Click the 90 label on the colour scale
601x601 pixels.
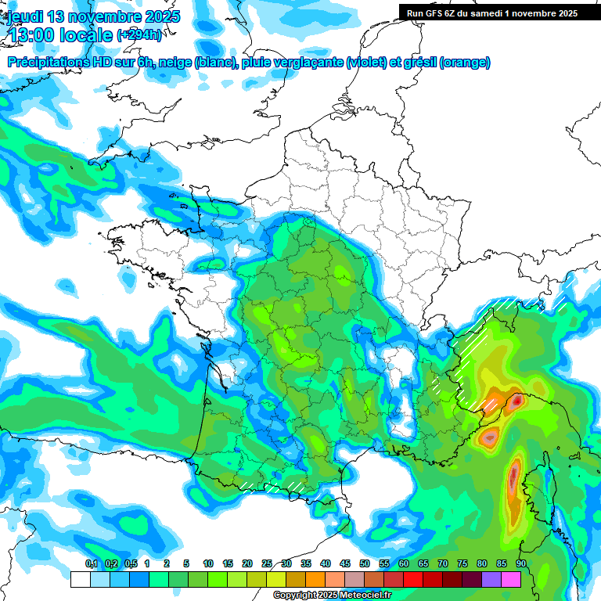[520, 563]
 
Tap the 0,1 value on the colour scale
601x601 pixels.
[91, 563]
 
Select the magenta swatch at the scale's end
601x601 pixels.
[511, 579]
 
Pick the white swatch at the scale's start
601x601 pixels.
[80, 579]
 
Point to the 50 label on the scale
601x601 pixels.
[365, 563]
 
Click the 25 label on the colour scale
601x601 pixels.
[267, 563]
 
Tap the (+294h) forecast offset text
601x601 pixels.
[140, 35]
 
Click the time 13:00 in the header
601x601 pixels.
[34, 35]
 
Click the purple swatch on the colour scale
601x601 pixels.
[491, 579]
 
